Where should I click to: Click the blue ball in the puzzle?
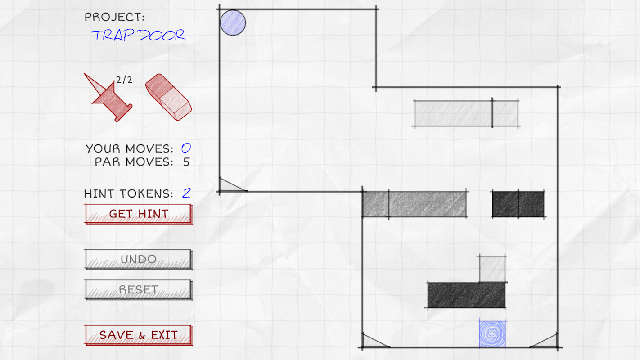(x=233, y=23)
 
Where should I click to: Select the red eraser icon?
(x=168, y=97)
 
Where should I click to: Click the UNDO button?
(x=139, y=259)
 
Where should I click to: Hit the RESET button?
(x=139, y=289)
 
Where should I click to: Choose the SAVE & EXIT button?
(x=139, y=335)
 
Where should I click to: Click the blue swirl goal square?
(x=492, y=334)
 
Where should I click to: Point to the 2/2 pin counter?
(x=124, y=80)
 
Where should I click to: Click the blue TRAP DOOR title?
(x=139, y=35)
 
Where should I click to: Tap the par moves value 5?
(x=187, y=162)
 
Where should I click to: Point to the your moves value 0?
(x=186, y=148)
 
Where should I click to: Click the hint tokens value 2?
(x=186, y=193)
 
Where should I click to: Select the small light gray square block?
(x=492, y=269)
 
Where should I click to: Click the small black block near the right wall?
(x=518, y=204)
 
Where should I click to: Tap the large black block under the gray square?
(x=466, y=295)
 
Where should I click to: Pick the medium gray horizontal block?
(x=414, y=204)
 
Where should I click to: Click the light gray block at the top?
(x=466, y=113)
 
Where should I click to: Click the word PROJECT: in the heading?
(x=115, y=17)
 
